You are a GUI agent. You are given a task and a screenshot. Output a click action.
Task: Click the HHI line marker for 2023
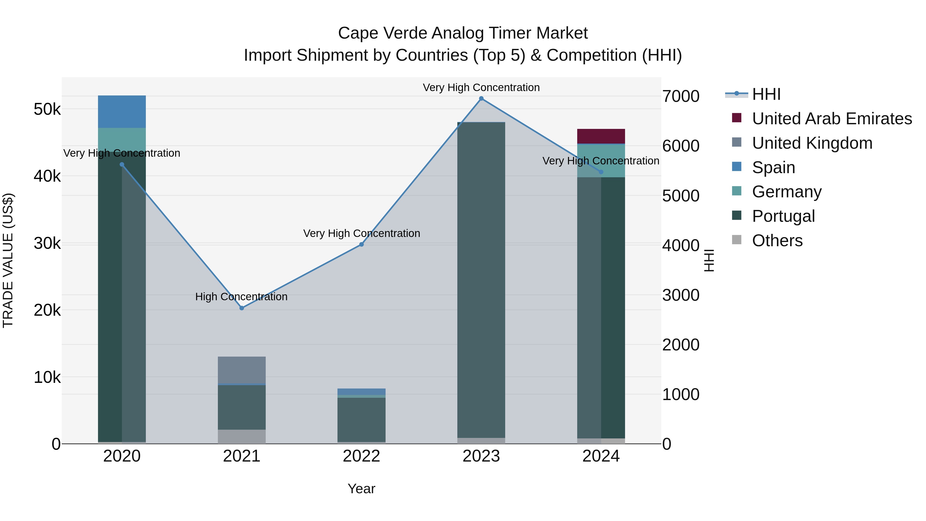(x=481, y=99)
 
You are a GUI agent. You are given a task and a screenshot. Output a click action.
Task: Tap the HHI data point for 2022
(x=361, y=244)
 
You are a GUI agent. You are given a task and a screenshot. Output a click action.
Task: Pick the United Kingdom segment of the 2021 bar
(x=242, y=370)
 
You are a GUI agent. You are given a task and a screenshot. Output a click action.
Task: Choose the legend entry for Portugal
(x=783, y=216)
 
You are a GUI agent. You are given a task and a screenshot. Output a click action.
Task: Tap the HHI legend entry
(x=766, y=94)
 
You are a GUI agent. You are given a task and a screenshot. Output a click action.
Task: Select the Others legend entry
(x=777, y=241)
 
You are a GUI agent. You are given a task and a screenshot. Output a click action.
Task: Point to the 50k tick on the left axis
(x=47, y=109)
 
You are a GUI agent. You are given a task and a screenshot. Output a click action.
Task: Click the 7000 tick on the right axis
(x=680, y=96)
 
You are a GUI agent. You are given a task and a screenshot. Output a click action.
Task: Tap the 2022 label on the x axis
(x=361, y=456)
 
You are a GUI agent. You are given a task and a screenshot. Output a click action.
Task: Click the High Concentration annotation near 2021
(x=241, y=297)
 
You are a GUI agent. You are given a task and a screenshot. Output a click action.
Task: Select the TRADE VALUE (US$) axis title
(x=8, y=260)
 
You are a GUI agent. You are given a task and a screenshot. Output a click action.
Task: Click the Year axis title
(x=361, y=489)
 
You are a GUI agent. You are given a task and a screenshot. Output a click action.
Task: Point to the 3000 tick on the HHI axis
(x=680, y=295)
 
